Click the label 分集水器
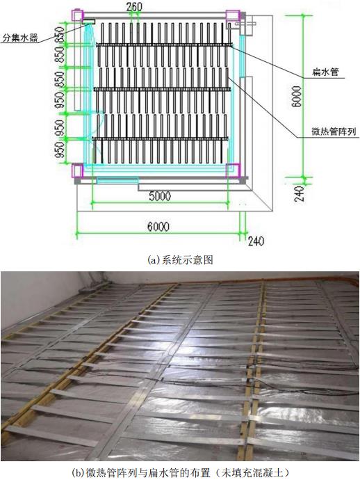point(20,38)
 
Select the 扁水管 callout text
point(325,72)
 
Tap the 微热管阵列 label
point(334,131)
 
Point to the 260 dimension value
point(134,7)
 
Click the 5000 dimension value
point(160,196)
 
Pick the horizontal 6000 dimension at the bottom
point(158,227)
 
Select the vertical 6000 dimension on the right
point(297,97)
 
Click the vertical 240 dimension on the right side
point(299,194)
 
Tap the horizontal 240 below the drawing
point(256,241)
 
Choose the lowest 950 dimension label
point(60,150)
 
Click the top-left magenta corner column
point(77,15)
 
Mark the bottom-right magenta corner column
point(233,170)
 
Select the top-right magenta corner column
point(233,15)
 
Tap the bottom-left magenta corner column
point(77,170)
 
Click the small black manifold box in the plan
point(88,22)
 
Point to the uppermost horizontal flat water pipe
point(163,45)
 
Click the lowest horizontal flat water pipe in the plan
point(161,139)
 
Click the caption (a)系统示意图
point(180,260)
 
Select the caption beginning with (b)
point(180,472)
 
